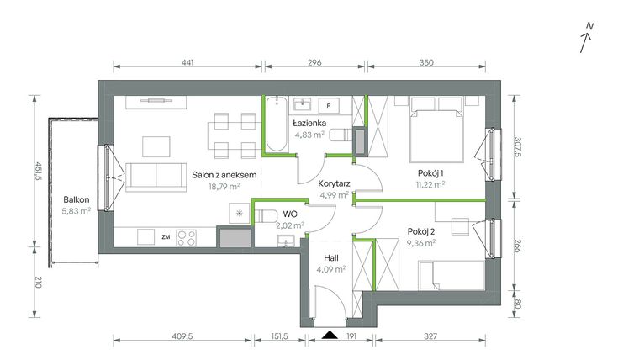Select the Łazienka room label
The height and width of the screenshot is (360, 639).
tap(309, 123)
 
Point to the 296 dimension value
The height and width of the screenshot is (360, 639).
tap(314, 63)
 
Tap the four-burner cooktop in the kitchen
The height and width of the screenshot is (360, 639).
tap(186, 238)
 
